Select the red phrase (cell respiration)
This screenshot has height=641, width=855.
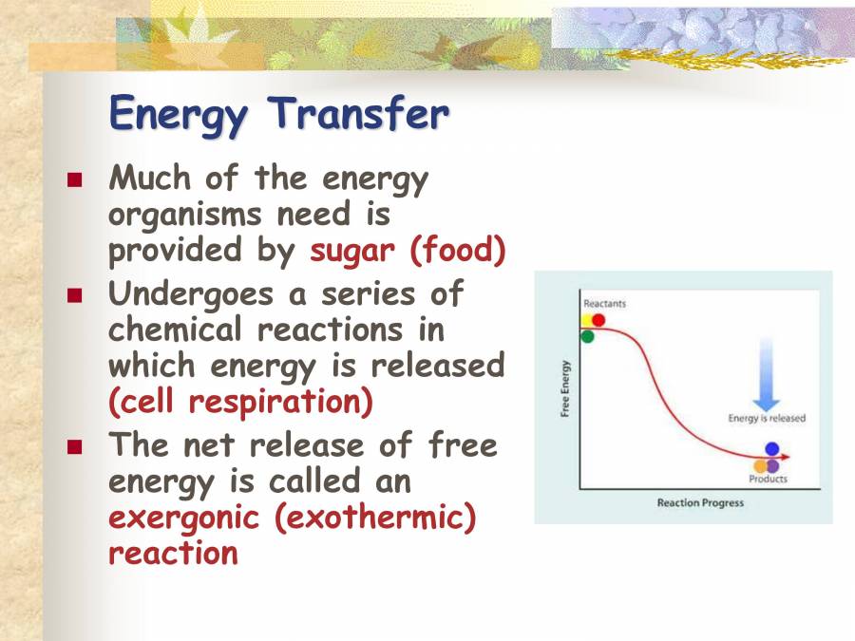click(x=241, y=402)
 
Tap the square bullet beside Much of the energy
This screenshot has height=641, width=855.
click(x=76, y=179)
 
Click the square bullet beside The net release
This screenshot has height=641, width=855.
click(x=76, y=445)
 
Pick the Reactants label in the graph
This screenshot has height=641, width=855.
click(x=604, y=303)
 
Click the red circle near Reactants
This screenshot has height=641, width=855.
click(x=598, y=320)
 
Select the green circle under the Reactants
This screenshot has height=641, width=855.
click(x=587, y=336)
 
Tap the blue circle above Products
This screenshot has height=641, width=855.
click(x=771, y=449)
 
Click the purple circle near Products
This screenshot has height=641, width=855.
click(x=772, y=466)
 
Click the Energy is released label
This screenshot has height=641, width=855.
click(x=767, y=418)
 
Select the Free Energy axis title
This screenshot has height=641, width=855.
click(x=565, y=388)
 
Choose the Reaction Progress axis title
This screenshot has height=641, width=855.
click(x=700, y=502)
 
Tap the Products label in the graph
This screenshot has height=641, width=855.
click(x=768, y=480)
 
